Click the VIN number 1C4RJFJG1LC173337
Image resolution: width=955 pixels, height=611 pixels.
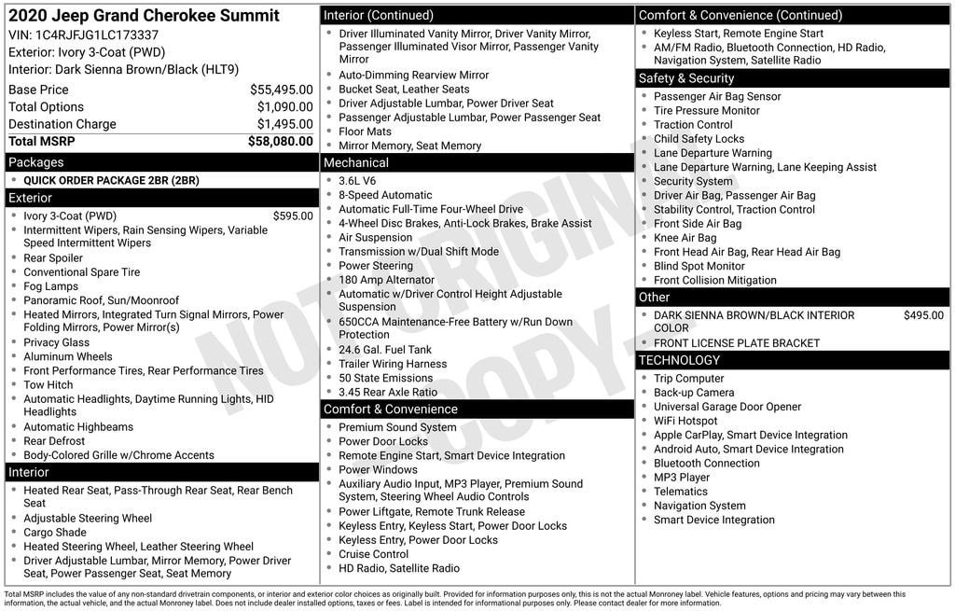(96, 35)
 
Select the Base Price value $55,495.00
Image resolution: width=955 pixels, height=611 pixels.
(281, 90)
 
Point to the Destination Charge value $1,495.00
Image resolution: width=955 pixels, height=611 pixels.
(284, 124)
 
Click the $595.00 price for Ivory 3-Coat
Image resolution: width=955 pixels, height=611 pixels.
(293, 215)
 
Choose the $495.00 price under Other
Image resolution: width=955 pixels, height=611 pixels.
(923, 315)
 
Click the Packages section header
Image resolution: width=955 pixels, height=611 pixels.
(36, 162)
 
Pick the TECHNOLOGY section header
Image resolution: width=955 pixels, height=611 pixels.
(679, 360)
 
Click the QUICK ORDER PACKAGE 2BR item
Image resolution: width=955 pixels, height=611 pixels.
(111, 180)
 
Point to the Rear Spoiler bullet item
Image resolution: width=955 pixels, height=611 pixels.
(53, 258)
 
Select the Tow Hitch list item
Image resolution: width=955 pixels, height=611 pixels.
(48, 384)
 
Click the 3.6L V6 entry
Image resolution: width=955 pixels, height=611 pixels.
(357, 181)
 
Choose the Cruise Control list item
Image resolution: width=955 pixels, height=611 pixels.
(373, 554)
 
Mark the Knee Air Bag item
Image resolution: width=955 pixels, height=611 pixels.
(685, 238)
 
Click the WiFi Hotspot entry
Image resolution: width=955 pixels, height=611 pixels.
(685, 421)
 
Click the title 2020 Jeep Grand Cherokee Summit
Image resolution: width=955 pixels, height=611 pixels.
(144, 16)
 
